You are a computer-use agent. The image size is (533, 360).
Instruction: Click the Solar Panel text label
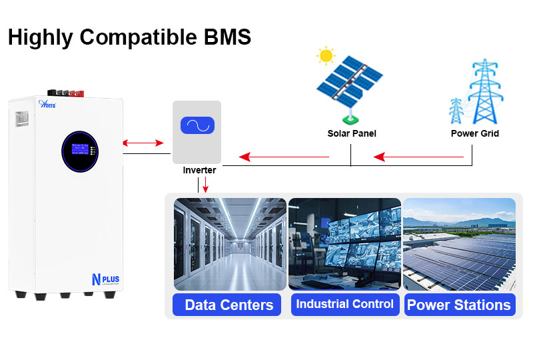pyautogui.click(x=352, y=133)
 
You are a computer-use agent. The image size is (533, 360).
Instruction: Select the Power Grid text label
pyautogui.click(x=475, y=133)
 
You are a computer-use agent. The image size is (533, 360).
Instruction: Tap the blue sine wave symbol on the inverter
pyautogui.click(x=197, y=125)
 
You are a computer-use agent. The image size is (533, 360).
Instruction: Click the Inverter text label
pyautogui.click(x=199, y=171)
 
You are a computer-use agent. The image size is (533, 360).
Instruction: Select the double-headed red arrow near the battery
pyautogui.click(x=143, y=143)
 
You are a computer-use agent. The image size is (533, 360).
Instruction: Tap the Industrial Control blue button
pyautogui.click(x=344, y=304)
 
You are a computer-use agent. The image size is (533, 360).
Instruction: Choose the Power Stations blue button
pyautogui.click(x=458, y=305)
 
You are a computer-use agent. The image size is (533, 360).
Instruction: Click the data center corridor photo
pyautogui.click(x=230, y=243)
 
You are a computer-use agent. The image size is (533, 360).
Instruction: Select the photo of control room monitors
pyautogui.click(x=344, y=243)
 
